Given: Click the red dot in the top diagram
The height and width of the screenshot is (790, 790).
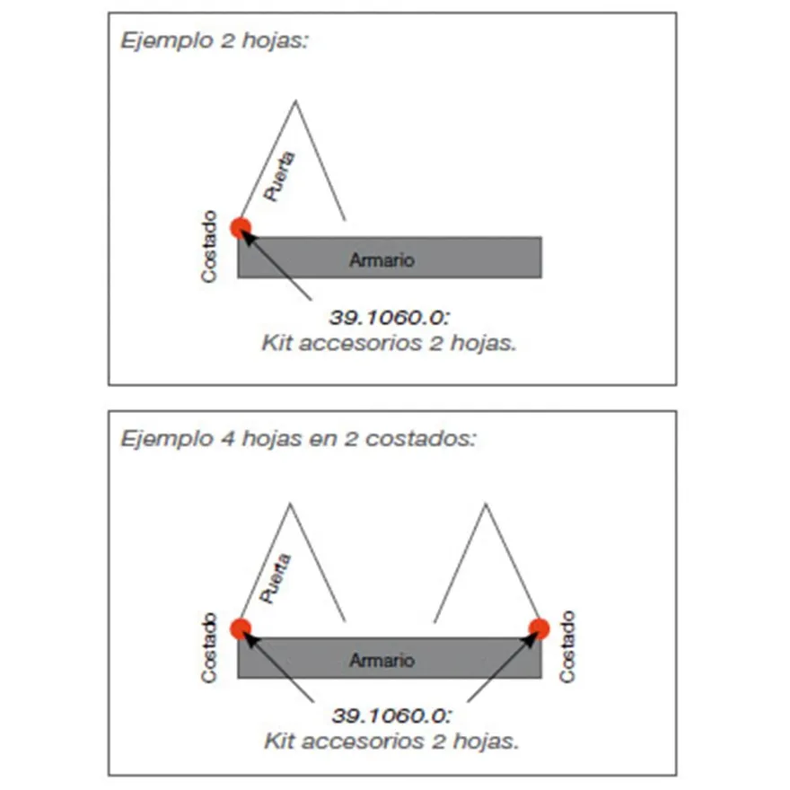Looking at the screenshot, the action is pyautogui.click(x=241, y=228).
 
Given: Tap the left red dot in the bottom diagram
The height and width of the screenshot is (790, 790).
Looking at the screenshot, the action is pyautogui.click(x=241, y=628).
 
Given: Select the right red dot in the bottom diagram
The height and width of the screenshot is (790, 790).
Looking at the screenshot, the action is pyautogui.click(x=540, y=628).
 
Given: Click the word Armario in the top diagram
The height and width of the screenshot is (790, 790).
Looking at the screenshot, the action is pyautogui.click(x=382, y=260).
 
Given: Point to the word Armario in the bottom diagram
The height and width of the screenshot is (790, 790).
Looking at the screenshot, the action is pyautogui.click(x=382, y=660).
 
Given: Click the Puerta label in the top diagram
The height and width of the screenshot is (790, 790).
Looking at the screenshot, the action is pyautogui.click(x=279, y=176).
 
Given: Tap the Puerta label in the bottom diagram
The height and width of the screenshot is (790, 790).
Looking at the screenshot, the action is pyautogui.click(x=275, y=578).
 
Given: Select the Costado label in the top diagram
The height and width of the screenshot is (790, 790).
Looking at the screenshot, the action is pyautogui.click(x=208, y=246).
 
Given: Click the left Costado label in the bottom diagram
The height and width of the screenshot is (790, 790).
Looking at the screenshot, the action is pyautogui.click(x=208, y=648).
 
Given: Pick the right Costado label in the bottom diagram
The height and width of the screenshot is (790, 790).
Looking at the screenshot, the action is pyautogui.click(x=567, y=646).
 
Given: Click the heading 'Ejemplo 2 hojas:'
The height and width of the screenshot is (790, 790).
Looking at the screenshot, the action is pyautogui.click(x=215, y=40).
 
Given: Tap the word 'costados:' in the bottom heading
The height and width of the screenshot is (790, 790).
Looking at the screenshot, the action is pyautogui.click(x=421, y=439).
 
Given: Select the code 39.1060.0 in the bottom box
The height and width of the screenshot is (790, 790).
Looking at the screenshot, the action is pyautogui.click(x=392, y=715).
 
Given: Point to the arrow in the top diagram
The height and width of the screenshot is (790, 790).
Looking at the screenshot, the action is pyautogui.click(x=276, y=264).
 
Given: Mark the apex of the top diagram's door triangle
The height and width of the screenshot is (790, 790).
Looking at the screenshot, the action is pyautogui.click(x=295, y=101).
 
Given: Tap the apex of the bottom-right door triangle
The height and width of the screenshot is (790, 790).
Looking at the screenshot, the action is pyautogui.click(x=486, y=503).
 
